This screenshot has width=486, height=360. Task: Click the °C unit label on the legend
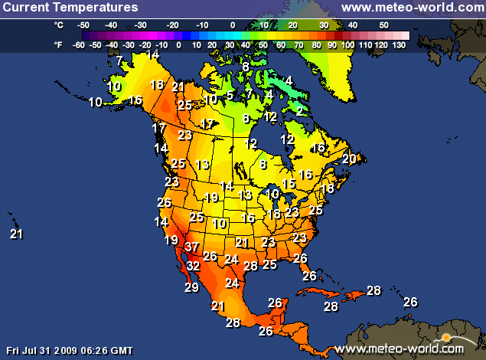(59, 25)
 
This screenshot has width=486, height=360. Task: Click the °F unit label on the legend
(59, 45)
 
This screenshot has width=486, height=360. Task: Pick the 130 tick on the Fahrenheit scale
(399, 45)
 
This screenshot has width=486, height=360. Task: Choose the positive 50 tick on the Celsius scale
(383, 25)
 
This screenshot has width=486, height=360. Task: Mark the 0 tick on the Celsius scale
(233, 25)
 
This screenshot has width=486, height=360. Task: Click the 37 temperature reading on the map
(191, 247)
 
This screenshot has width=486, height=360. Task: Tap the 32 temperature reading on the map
(193, 266)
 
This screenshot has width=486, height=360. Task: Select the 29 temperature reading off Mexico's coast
(191, 287)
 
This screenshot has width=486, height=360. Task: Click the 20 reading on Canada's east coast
(349, 159)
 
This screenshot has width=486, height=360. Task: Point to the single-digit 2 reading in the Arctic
(299, 111)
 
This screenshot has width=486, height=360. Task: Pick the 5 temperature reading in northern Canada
(230, 95)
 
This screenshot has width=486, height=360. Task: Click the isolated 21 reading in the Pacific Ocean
(16, 234)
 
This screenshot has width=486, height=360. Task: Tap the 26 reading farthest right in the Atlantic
(410, 302)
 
